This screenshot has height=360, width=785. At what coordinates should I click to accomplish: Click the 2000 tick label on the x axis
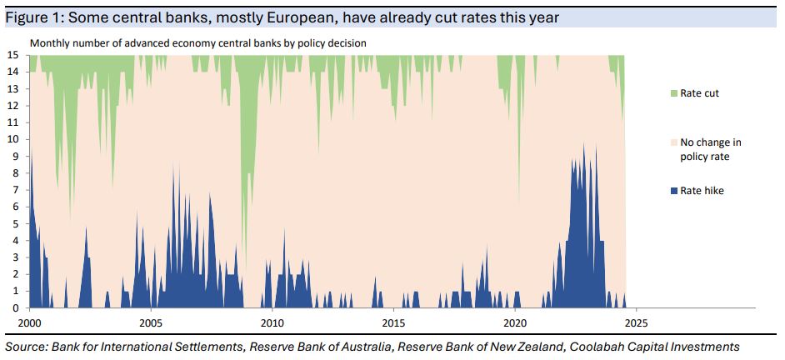29,322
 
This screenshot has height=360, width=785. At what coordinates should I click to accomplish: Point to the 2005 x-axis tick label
151,322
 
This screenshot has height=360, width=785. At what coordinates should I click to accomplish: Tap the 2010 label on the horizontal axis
272,322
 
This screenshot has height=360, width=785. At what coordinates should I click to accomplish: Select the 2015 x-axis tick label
393,322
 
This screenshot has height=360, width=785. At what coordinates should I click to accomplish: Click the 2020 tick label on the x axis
515,322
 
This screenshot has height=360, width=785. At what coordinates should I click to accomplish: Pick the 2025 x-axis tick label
636,322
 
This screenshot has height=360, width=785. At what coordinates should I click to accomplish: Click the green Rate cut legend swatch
673,93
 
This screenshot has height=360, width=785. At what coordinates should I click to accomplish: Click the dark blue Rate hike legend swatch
673,192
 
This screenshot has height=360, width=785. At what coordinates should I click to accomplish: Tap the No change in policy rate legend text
710,149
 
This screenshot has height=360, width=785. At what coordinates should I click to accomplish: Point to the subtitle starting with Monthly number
198,42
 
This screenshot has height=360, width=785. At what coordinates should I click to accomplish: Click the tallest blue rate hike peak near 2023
583,143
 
